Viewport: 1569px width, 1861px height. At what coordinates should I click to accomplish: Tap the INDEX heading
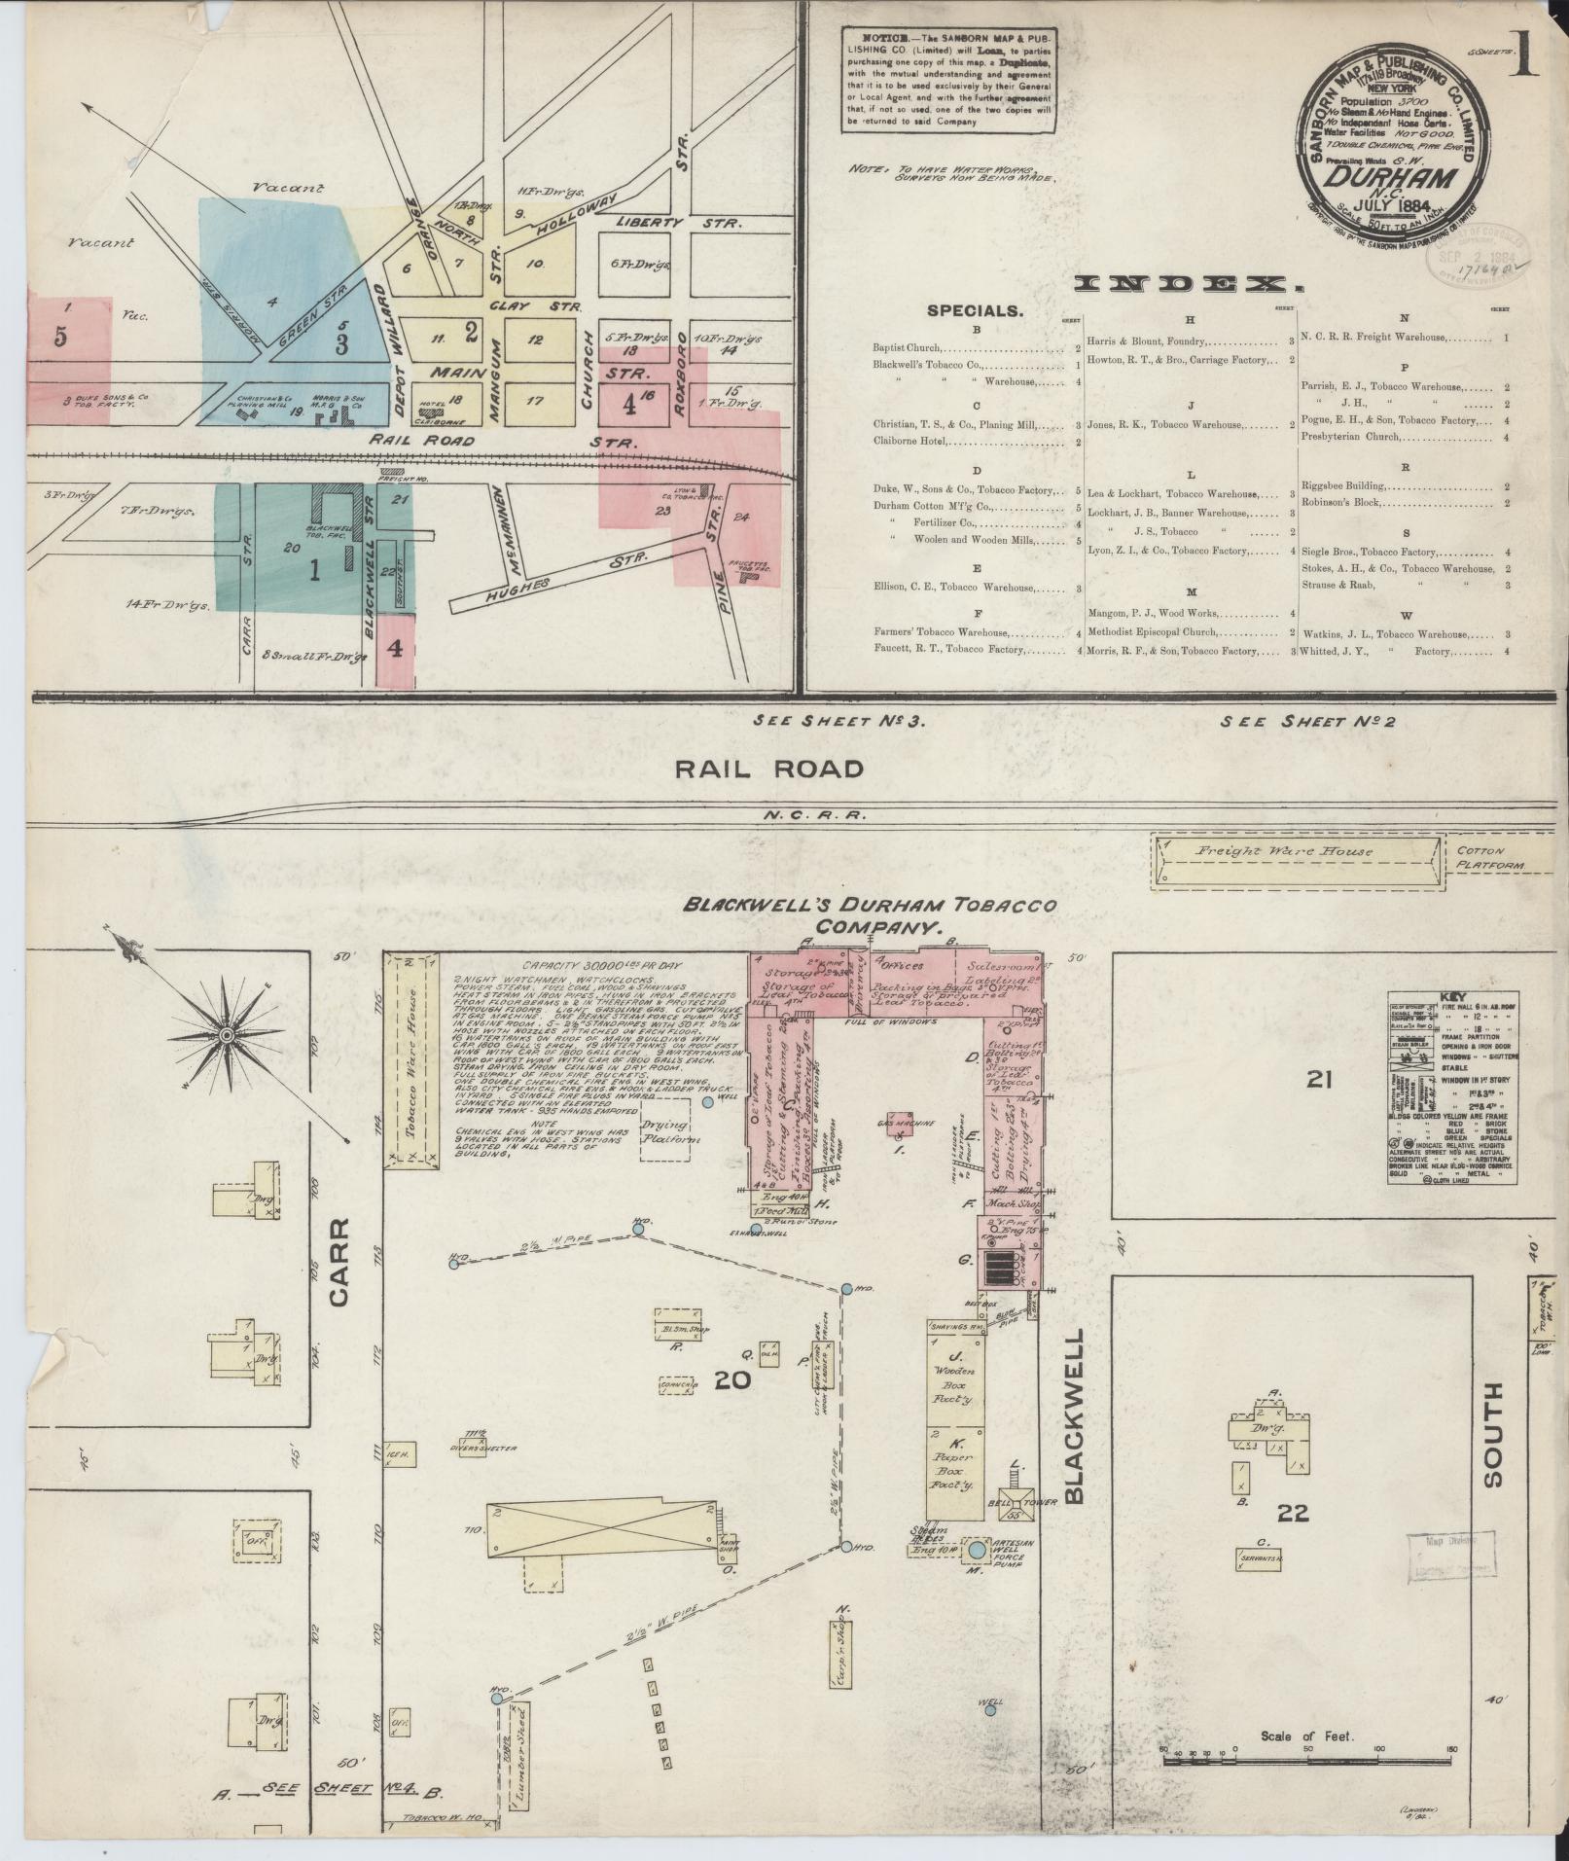pyautogui.click(x=1188, y=284)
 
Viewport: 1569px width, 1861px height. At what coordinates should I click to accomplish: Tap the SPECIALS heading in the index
pyautogui.click(x=975, y=311)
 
